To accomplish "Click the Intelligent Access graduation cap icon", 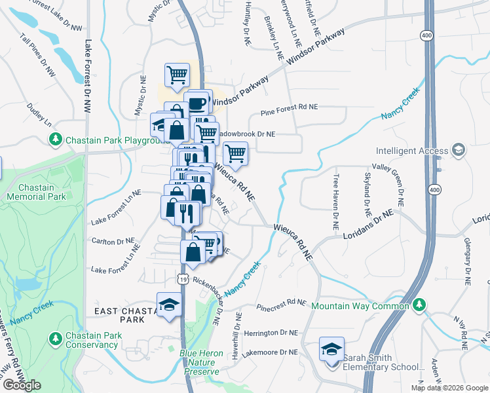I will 458,150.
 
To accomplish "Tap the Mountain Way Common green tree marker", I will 419,305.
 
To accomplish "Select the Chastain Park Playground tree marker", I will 56,140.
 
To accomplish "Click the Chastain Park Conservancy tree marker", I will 56,339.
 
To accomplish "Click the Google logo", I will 22,385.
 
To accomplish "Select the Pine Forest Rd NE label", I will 289,107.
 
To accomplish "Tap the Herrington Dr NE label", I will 271,333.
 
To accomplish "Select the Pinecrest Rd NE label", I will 282,304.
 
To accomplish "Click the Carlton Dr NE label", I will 113,241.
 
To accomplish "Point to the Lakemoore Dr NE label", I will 271,352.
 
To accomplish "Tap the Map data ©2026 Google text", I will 449,388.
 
